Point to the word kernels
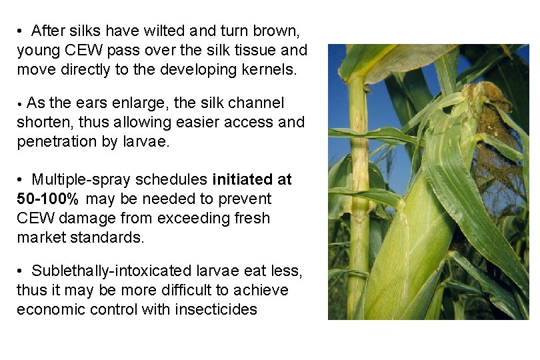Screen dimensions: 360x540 [x=261, y=69]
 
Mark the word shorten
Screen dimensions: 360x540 [x=42, y=122]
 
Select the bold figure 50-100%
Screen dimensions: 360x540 [x=49, y=199]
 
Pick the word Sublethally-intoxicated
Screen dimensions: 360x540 [x=111, y=271]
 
